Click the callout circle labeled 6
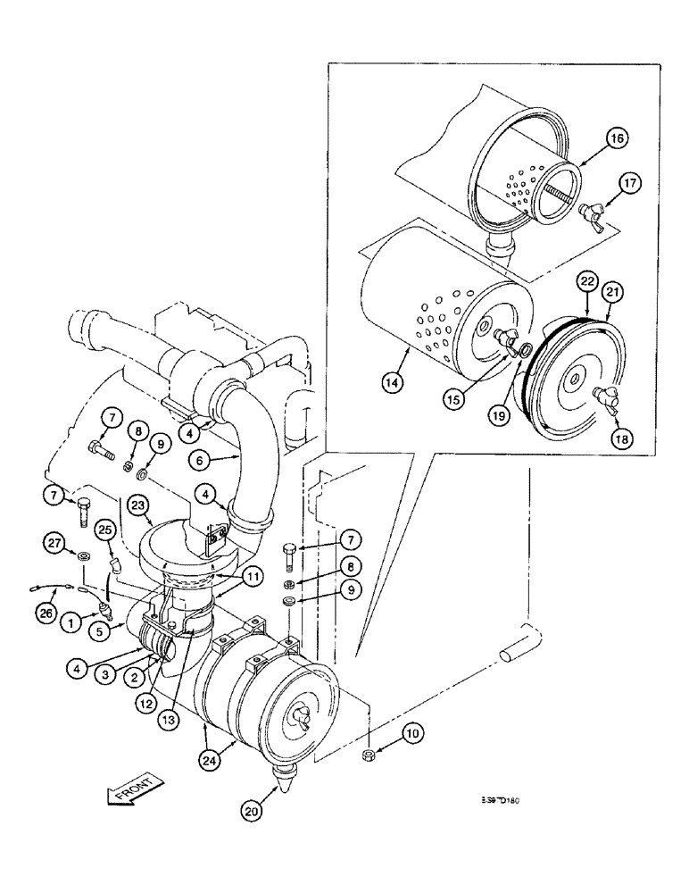pos(201,460)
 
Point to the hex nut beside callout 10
pos(369,757)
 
